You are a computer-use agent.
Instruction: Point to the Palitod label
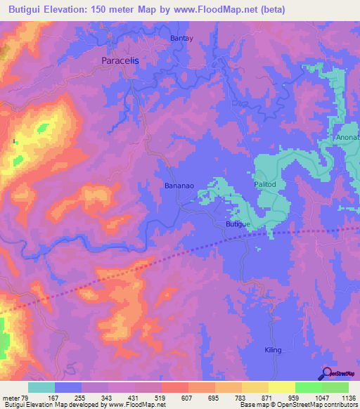click(266, 184)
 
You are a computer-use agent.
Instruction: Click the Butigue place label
click(238, 223)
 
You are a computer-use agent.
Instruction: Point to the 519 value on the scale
click(160, 397)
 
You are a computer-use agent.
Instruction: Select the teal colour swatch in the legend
click(41, 387)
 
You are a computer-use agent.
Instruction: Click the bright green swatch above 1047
click(309, 387)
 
